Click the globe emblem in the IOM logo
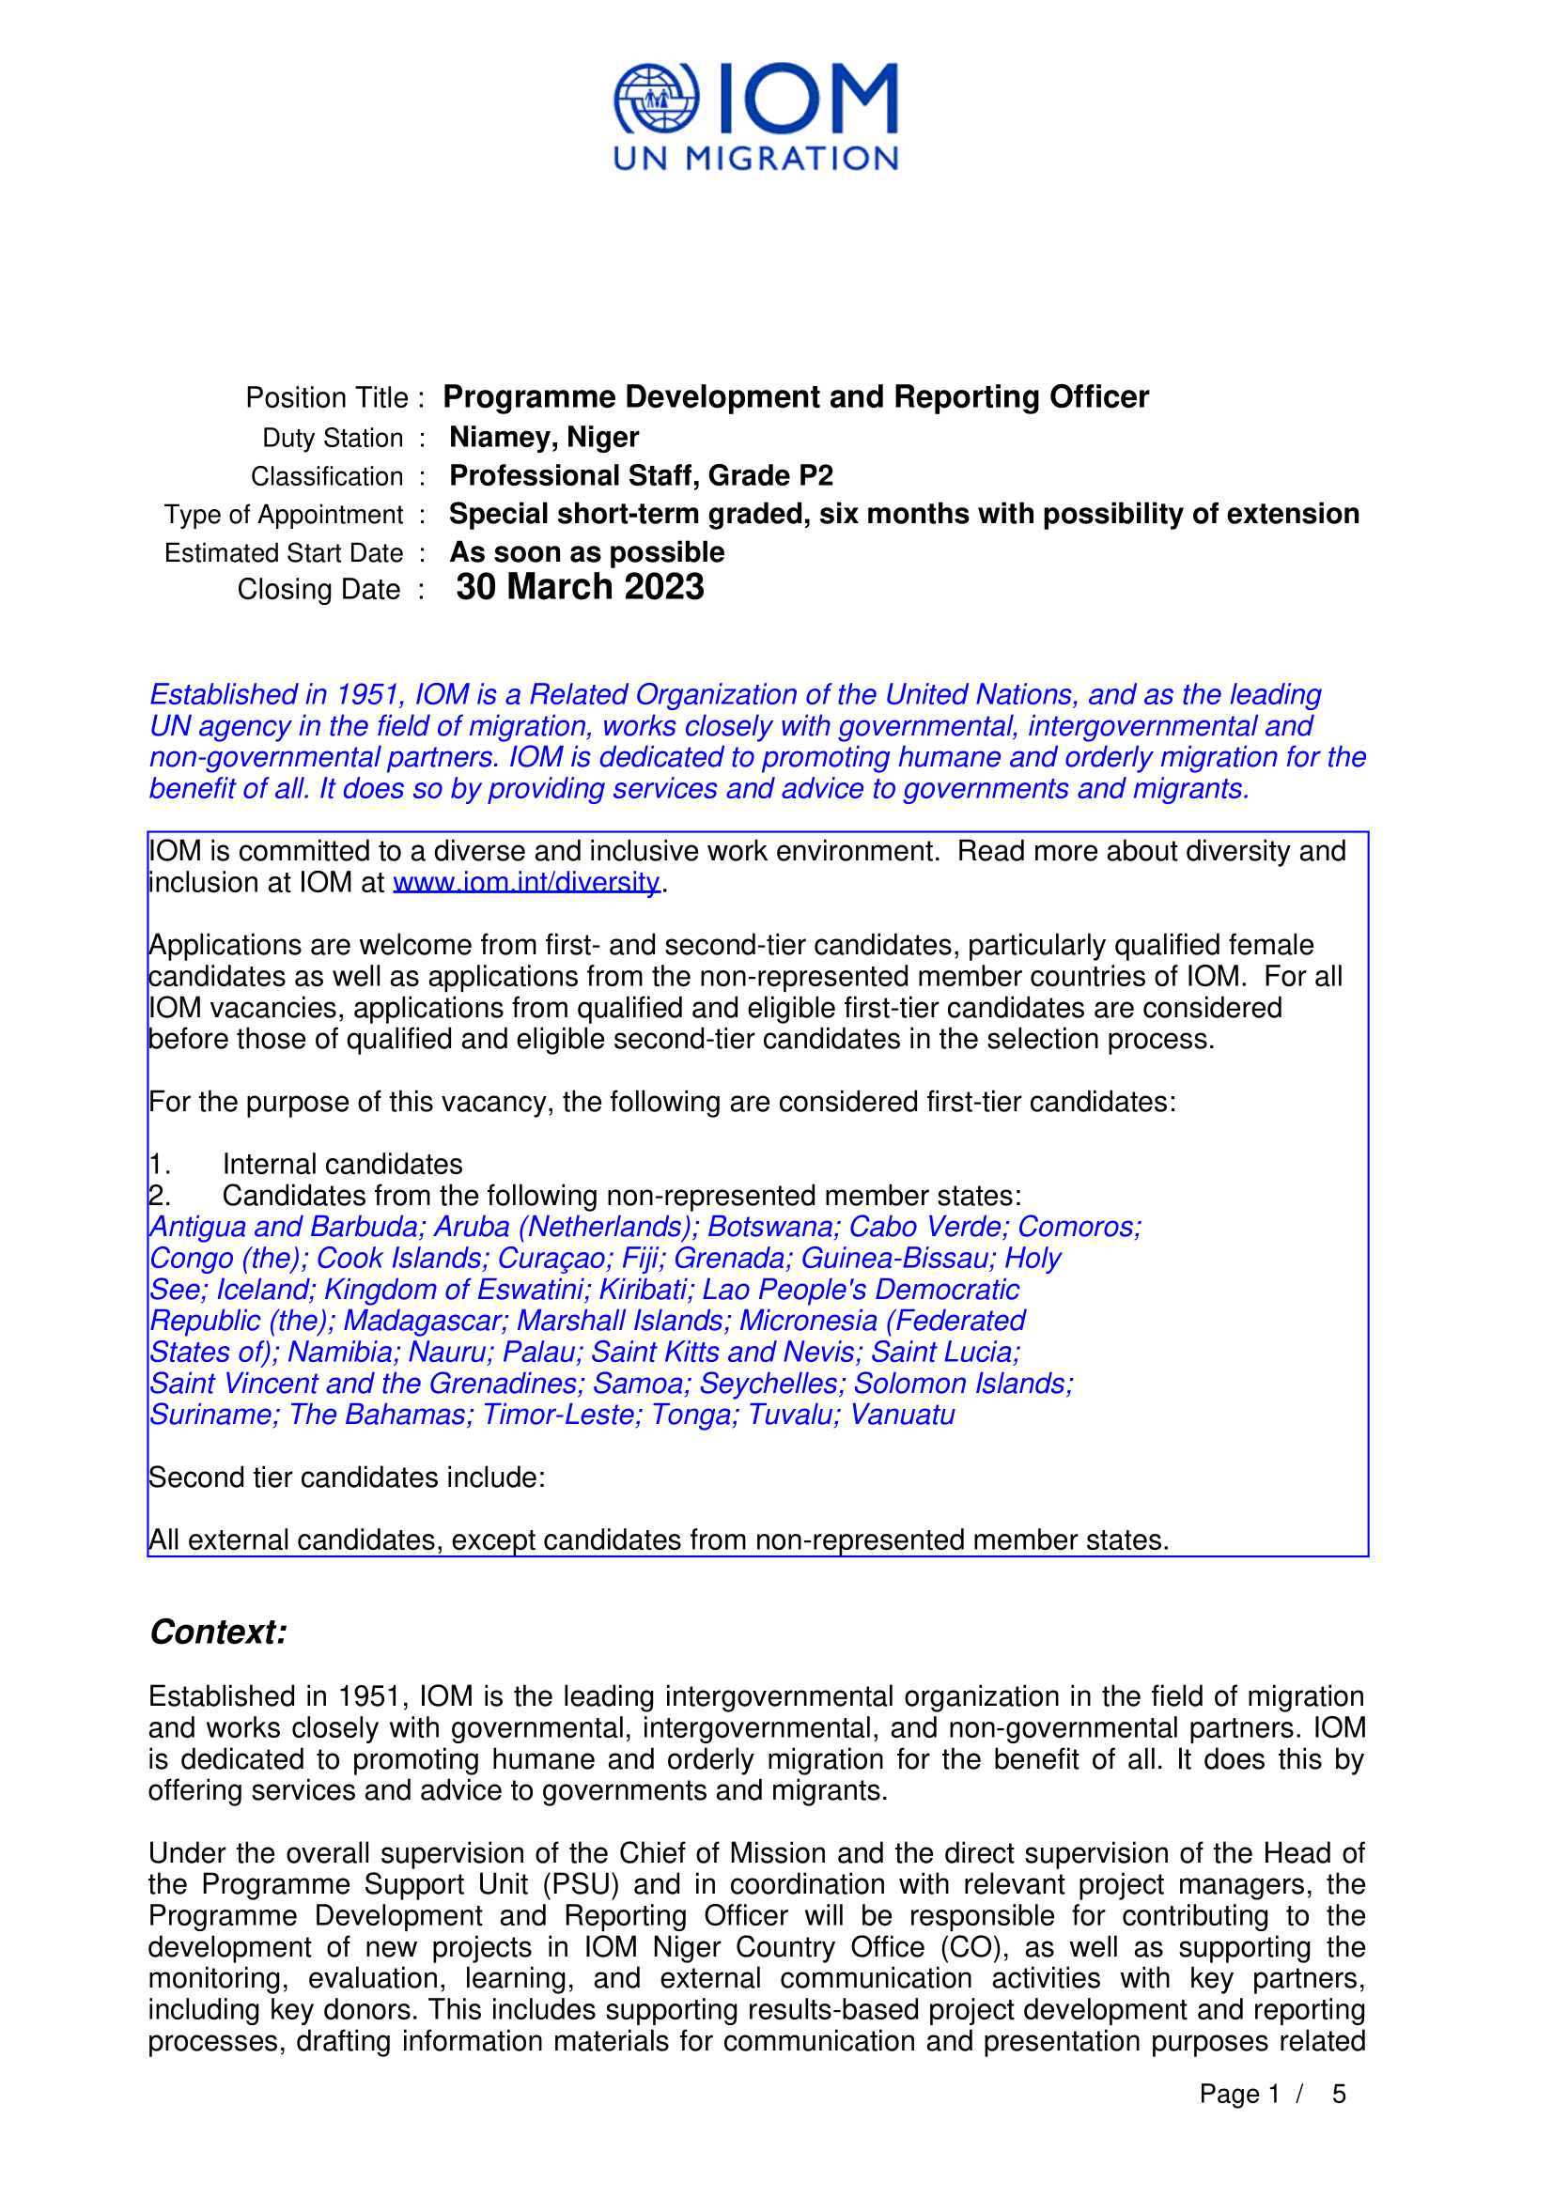[657, 99]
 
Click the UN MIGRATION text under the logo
[755, 159]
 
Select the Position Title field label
[327, 398]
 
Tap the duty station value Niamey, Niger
[543, 438]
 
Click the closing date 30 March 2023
[580, 587]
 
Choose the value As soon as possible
[586, 552]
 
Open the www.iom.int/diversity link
[526, 882]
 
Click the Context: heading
[218, 1632]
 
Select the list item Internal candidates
[343, 1165]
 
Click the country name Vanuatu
[902, 1415]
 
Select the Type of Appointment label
[283, 515]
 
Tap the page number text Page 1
[1239, 2095]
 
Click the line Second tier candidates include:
[347, 1478]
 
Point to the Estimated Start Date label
[283, 553]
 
